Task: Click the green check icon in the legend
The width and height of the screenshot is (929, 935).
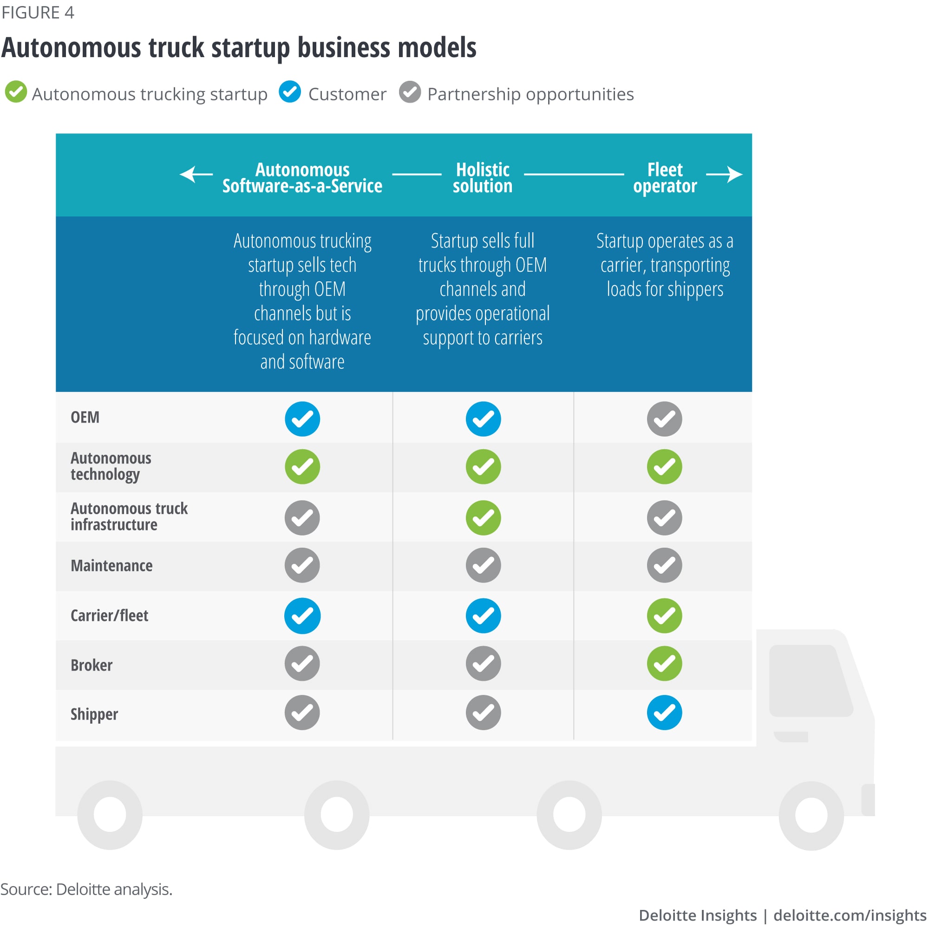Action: (15, 92)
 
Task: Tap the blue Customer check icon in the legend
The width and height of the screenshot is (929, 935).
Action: (290, 92)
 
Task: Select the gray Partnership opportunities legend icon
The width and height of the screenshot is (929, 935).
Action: (410, 92)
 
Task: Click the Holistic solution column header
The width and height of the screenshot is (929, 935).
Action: (482, 178)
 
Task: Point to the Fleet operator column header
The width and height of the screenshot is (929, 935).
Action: (665, 178)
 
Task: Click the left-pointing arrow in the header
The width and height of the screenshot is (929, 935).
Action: (196, 174)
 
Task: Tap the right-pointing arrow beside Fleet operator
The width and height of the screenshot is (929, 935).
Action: (724, 174)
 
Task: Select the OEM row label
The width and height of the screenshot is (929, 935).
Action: (85, 418)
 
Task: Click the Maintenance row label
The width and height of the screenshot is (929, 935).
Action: (111, 566)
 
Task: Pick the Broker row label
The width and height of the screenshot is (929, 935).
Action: (92, 665)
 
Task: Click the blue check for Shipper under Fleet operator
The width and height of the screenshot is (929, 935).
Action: (664, 712)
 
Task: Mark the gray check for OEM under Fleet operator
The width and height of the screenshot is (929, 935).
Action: (664, 419)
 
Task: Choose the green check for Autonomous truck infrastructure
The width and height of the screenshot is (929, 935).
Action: (483, 518)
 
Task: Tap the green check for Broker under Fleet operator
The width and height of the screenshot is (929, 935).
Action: (664, 663)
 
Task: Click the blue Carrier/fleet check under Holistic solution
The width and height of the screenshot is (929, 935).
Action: (483, 616)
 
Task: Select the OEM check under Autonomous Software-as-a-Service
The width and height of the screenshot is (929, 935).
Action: (302, 419)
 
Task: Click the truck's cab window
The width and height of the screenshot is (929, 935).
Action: (810, 680)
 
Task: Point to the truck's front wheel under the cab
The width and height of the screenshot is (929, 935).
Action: (811, 814)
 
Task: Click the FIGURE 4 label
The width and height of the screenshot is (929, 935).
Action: (38, 13)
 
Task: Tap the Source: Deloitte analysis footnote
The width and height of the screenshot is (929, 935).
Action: (86, 889)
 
